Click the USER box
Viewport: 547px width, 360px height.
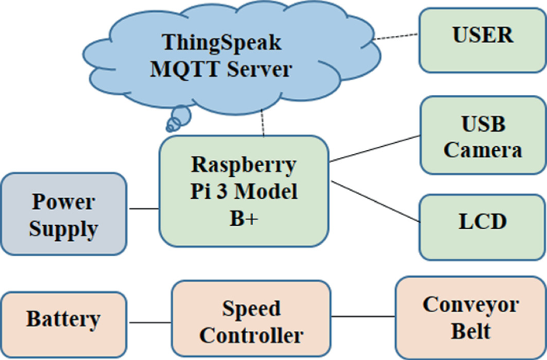pyautogui.click(x=483, y=37)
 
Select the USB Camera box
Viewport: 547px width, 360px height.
pyautogui.click(x=483, y=136)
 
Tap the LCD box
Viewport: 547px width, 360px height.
pyautogui.click(x=483, y=222)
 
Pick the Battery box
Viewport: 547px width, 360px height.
pyautogui.click(x=64, y=320)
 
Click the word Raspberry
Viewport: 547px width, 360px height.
pyautogui.click(x=244, y=165)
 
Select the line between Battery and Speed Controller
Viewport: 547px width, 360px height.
pyautogui.click(x=149, y=322)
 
